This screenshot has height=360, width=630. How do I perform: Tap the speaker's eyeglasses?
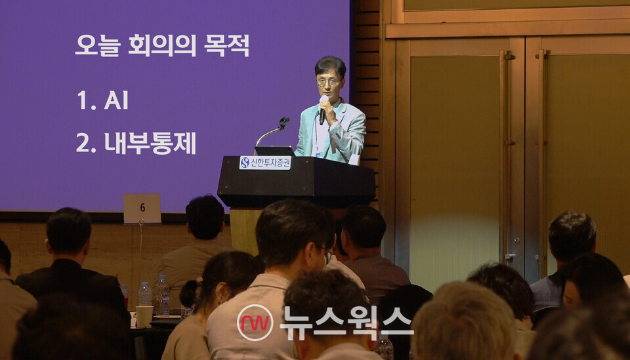(329, 82)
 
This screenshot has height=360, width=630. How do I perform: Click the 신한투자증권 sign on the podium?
(265, 163)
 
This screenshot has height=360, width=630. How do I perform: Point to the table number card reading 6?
(142, 209)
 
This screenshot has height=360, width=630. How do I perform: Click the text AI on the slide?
(116, 100)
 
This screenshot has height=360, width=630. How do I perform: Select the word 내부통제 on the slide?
(150, 143)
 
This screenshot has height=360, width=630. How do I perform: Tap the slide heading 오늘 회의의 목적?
(162, 45)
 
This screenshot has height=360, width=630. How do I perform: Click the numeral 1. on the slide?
(85, 100)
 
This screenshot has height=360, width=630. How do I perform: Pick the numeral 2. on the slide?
(85, 143)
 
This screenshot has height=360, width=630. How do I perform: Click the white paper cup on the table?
(144, 316)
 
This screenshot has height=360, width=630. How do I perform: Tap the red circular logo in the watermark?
(255, 323)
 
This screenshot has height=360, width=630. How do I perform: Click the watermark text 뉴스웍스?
(346, 322)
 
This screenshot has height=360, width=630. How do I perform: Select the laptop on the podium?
(274, 151)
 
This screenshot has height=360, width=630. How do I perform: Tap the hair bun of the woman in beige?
(190, 293)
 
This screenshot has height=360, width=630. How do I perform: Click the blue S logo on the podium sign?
(245, 163)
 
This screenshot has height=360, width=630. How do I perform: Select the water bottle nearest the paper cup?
(160, 296)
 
